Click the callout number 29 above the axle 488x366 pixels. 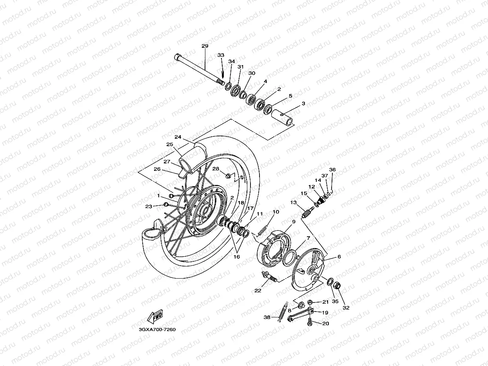click(x=205, y=46)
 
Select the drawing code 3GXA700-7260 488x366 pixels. click(x=157, y=330)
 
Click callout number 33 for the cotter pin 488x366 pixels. click(x=221, y=55)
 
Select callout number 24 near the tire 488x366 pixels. click(x=178, y=137)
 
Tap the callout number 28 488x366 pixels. click(x=216, y=169)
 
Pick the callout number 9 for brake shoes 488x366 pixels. click(x=293, y=222)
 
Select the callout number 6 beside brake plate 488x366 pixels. click(x=339, y=257)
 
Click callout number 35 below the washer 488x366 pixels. click(x=335, y=302)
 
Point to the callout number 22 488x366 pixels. click(x=258, y=291)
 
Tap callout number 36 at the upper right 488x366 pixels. click(x=332, y=170)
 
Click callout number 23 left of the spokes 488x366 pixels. click(x=148, y=206)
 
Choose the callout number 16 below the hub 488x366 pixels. click(x=237, y=257)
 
